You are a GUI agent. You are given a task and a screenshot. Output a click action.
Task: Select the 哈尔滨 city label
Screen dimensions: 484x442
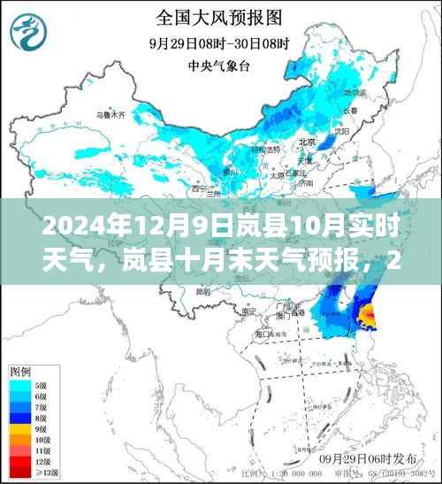tap(354, 92)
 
